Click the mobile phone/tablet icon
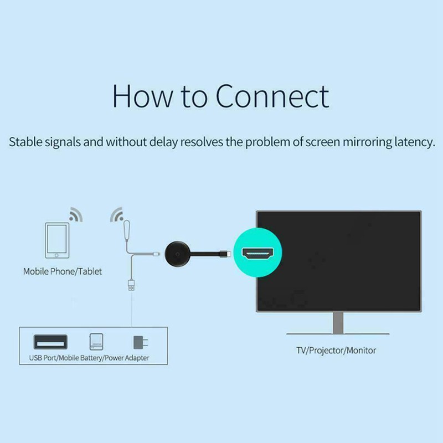pyautogui.click(x=57, y=240)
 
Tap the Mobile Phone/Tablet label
pyautogui.click(x=63, y=272)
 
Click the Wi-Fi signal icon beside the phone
pyautogui.click(x=76, y=215)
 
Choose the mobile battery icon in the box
pyautogui.click(x=96, y=341)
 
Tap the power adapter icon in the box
pyautogui.click(x=138, y=341)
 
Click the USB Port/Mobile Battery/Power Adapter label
pyautogui.click(x=89, y=358)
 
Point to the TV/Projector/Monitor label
pyautogui.click(x=336, y=351)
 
